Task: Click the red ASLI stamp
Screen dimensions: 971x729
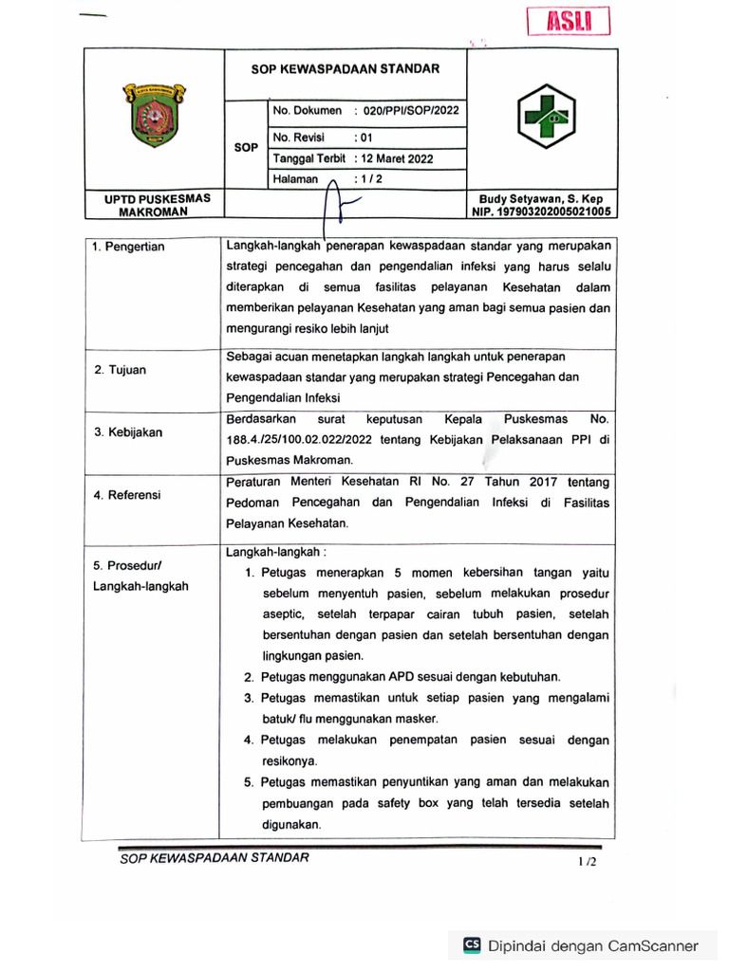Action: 568,21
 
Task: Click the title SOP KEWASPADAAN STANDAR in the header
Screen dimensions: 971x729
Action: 345,69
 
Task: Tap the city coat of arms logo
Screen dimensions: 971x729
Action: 154,118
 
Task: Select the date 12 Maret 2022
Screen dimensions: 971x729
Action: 392,158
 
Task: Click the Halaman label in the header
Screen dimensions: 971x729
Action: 295,178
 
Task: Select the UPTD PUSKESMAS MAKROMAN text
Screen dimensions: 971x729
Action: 151,205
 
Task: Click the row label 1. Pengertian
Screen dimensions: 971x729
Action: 128,247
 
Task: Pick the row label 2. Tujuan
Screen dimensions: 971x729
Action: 121,370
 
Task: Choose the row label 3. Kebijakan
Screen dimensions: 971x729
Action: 128,432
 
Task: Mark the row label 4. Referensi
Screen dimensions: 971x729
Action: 127,495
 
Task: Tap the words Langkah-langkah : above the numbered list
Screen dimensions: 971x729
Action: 276,551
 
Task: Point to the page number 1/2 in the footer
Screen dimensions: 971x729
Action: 588,862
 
